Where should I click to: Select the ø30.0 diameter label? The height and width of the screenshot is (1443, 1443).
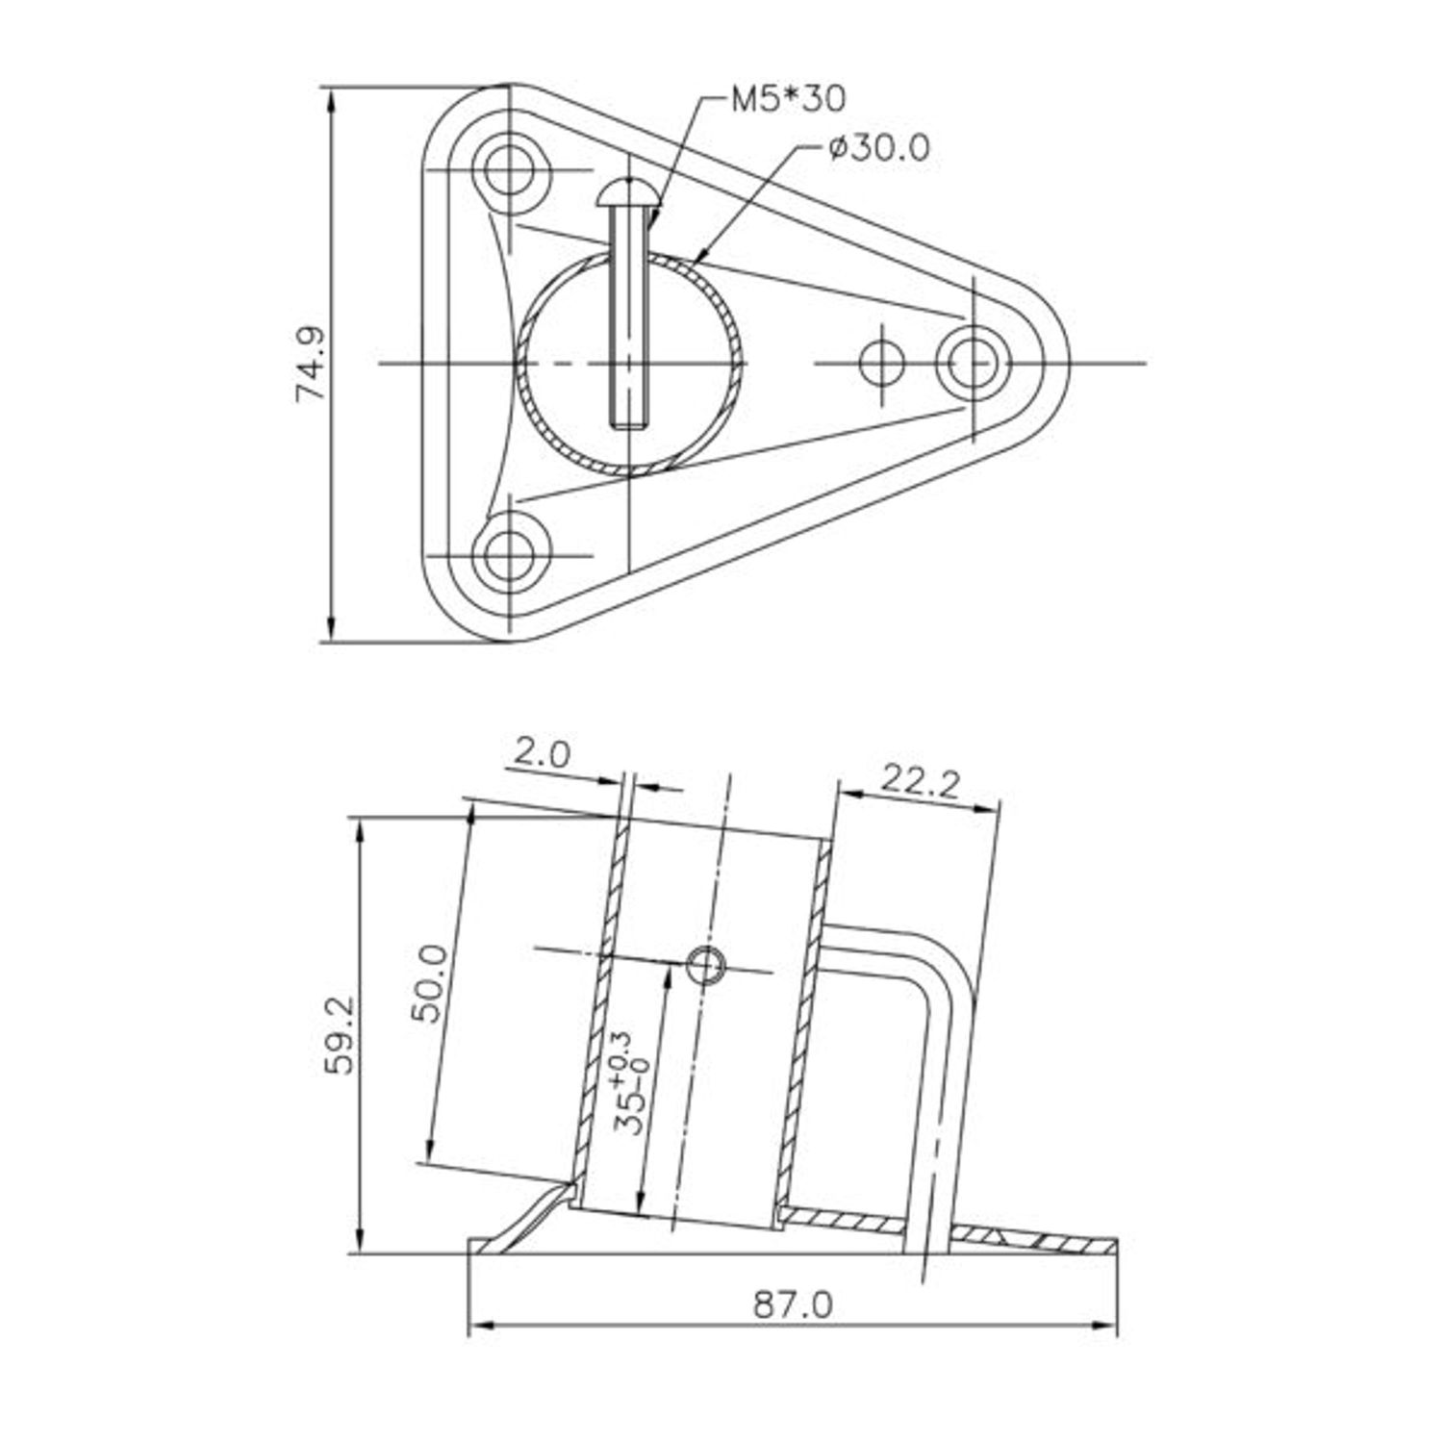[x=877, y=148]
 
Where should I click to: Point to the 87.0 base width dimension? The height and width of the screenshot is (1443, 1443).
[x=793, y=1304]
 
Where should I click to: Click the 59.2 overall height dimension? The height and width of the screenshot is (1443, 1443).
[x=339, y=1035]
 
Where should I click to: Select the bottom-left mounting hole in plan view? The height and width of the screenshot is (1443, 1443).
[x=509, y=556]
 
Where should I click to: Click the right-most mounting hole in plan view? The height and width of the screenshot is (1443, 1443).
[x=974, y=363]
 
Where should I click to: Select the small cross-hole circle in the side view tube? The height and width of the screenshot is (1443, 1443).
[x=708, y=965]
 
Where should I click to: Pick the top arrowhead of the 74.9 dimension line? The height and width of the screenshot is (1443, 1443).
[x=330, y=96]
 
